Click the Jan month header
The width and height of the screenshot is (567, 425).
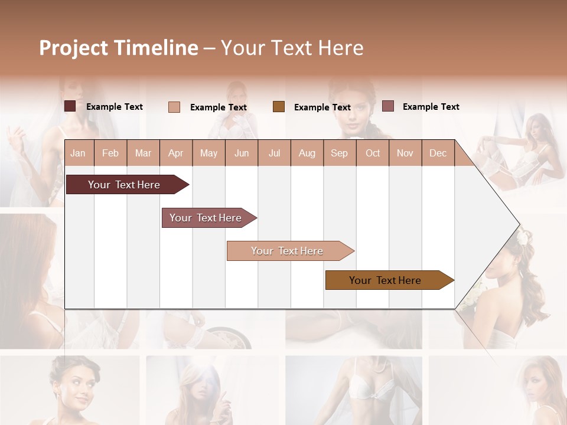(78, 153)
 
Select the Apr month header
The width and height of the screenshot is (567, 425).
(175, 153)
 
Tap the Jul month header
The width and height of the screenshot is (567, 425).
(274, 153)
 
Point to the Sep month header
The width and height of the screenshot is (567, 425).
(339, 153)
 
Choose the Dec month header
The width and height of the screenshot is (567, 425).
(438, 153)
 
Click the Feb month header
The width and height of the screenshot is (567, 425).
(110, 153)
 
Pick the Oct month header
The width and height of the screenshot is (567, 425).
(373, 153)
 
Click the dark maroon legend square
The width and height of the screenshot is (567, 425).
(70, 106)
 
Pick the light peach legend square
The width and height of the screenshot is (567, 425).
(174, 107)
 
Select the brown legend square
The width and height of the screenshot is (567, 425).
(279, 107)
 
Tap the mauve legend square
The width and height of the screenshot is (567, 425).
(387, 106)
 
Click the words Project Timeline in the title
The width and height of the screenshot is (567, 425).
(118, 48)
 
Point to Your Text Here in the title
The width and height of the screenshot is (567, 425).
(292, 48)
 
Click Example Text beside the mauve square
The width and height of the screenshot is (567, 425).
(431, 107)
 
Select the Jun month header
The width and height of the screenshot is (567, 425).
(242, 153)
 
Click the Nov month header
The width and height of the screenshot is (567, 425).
(405, 153)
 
